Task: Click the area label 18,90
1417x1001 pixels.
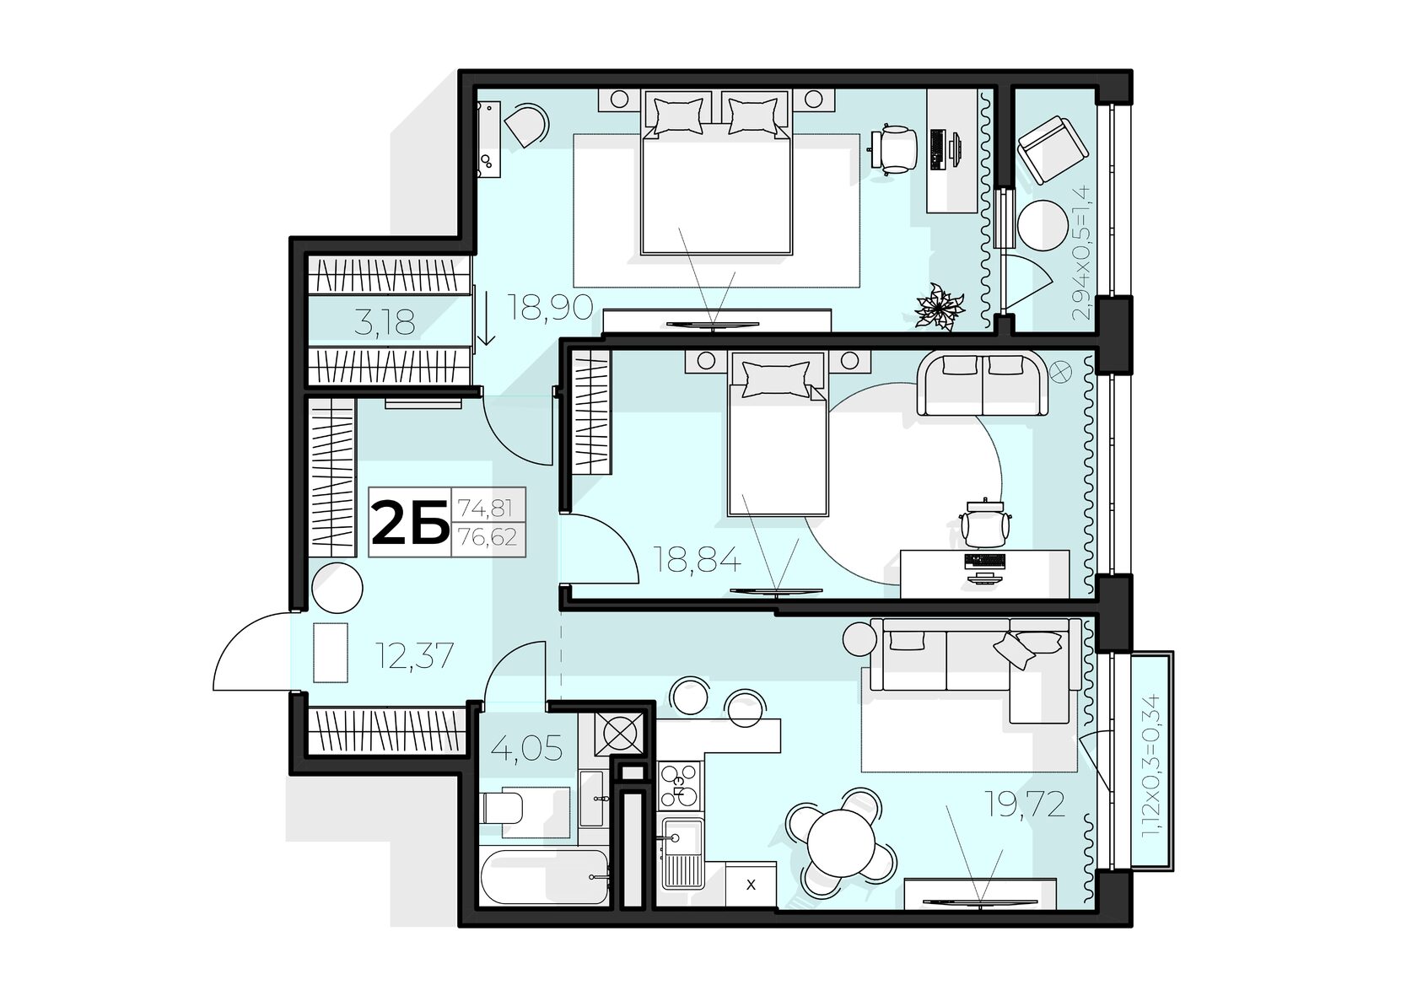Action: tap(550, 307)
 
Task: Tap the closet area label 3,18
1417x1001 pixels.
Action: tap(385, 322)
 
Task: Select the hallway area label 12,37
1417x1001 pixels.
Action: tap(413, 655)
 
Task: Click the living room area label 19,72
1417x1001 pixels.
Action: tap(1024, 804)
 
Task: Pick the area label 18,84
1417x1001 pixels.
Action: tap(697, 559)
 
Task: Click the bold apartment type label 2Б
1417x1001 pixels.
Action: tap(409, 522)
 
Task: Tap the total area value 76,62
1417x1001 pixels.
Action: tap(488, 537)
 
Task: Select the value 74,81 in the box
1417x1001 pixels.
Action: tap(485, 507)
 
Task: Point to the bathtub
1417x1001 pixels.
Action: tap(545, 876)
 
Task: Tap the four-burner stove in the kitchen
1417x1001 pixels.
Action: tap(680, 785)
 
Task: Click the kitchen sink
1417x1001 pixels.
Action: tap(682, 853)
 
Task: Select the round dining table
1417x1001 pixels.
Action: tap(842, 842)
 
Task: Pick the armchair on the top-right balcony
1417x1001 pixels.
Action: tap(1052, 150)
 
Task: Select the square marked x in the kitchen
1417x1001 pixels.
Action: tap(751, 885)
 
